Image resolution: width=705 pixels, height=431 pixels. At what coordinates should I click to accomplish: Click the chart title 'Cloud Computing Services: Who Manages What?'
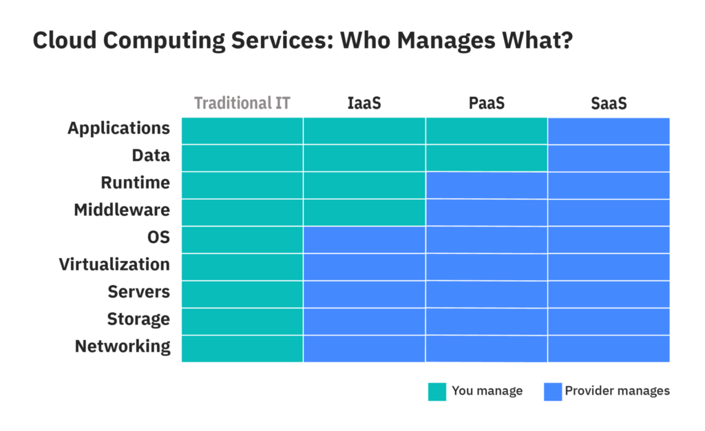coord(303,41)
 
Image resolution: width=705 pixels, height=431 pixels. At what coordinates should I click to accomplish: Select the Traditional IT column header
coord(242,103)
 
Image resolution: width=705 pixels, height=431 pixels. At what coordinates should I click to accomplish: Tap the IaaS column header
coord(364,103)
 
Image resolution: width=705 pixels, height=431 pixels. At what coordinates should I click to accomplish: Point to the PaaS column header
coord(487,103)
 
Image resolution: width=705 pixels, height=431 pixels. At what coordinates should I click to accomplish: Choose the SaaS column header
coord(609,103)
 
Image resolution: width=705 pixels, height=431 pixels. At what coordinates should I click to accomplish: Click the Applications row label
coord(118,128)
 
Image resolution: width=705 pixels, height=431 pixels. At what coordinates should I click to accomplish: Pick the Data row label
coord(151,156)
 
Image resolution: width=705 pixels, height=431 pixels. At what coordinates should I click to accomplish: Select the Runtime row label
coord(135,183)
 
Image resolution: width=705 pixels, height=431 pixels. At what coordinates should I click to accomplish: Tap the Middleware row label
coord(122,210)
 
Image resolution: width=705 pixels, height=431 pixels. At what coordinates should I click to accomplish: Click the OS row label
coord(158,238)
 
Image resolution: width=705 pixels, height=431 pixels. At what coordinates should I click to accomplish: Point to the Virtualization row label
coord(114,264)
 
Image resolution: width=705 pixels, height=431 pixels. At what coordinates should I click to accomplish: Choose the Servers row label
coord(138,292)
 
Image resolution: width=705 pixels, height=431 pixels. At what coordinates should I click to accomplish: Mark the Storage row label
coord(138,319)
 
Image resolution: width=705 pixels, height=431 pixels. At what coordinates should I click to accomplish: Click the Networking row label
coord(123,346)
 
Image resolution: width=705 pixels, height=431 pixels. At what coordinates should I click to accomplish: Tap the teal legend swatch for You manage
coord(437,391)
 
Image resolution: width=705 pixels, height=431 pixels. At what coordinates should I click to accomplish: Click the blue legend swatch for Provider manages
coord(553,391)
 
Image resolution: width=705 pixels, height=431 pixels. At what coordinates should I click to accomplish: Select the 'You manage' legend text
coord(487,391)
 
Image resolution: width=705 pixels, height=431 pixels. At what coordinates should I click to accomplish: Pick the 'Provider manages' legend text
coord(618,391)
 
